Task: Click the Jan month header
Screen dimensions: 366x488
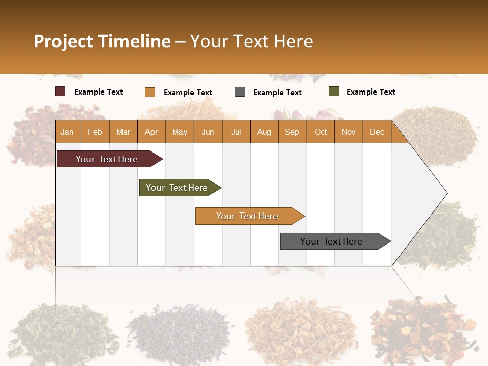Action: tap(67, 132)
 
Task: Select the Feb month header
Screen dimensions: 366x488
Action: tap(95, 132)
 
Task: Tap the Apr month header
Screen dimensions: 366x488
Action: tap(151, 132)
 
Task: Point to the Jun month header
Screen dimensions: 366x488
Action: tap(208, 132)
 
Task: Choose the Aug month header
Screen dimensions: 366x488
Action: tap(264, 132)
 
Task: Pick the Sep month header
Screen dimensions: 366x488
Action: tap(292, 132)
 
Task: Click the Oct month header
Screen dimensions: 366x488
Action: tap(321, 132)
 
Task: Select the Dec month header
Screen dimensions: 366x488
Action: tap(377, 132)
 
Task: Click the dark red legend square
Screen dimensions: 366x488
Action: tap(60, 91)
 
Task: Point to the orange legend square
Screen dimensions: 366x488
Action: tap(150, 92)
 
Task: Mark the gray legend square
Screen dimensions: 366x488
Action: tap(240, 92)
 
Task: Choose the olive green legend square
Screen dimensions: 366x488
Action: tap(334, 91)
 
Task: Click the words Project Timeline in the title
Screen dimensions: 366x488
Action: tap(102, 41)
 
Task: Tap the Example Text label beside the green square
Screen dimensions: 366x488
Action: tap(371, 92)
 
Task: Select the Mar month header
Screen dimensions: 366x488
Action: tap(123, 132)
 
